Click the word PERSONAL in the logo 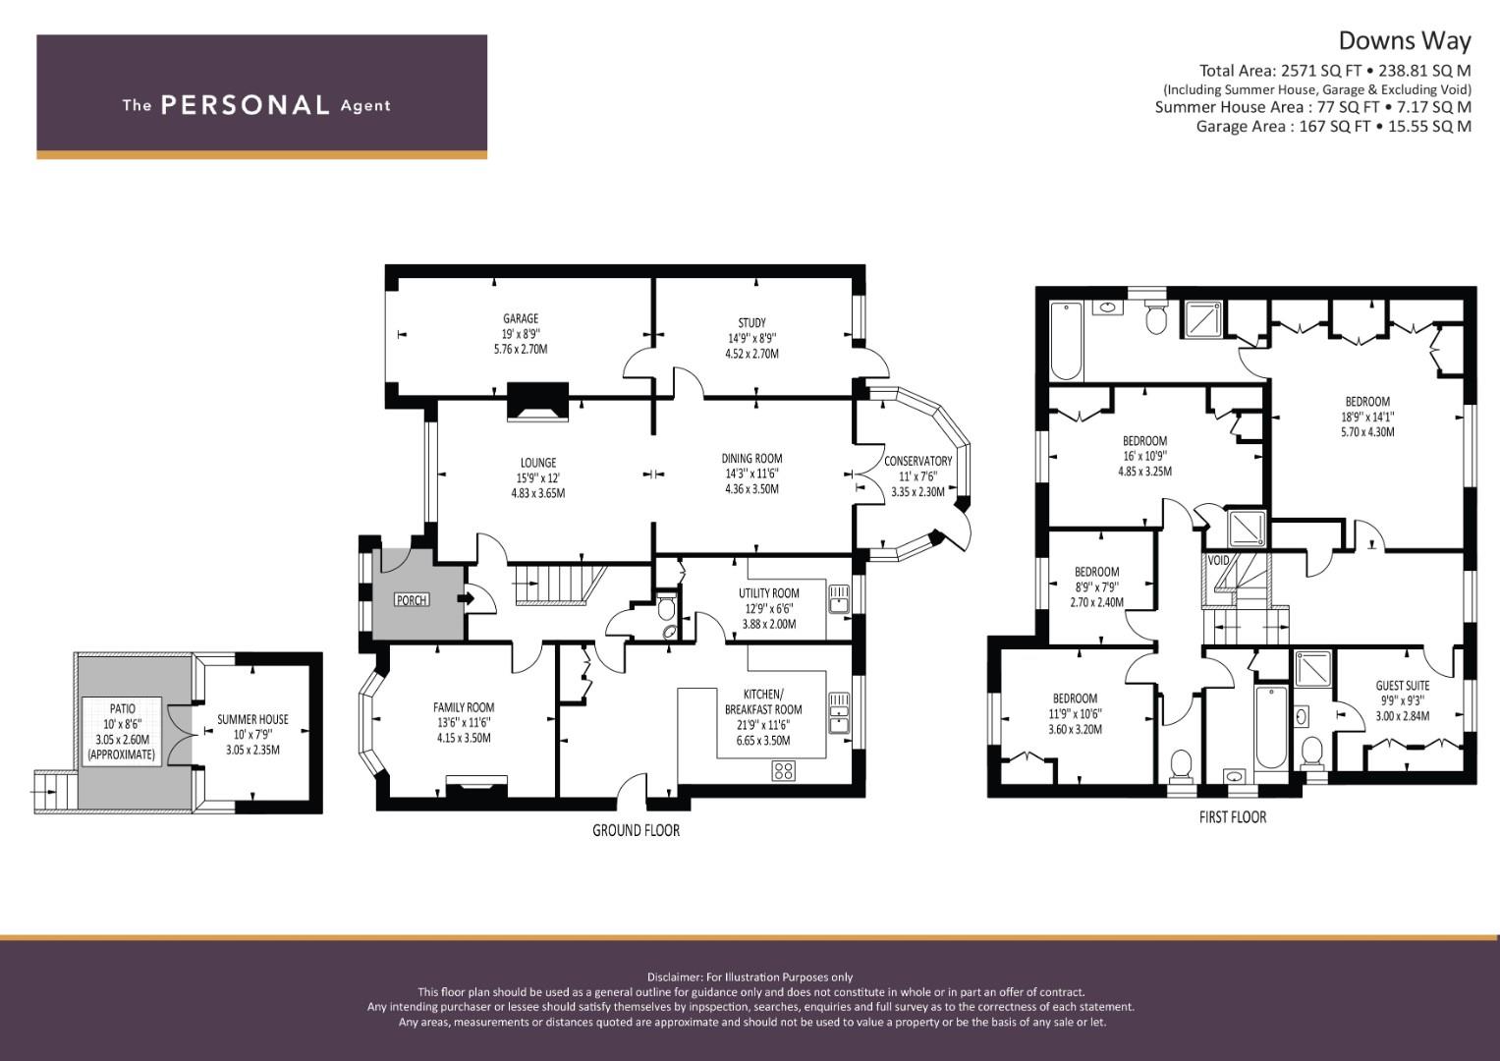pos(246,105)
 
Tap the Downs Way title pos(1405,41)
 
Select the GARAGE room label pos(521,319)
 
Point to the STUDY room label pos(751,323)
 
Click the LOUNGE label pos(537,463)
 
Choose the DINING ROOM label pos(751,459)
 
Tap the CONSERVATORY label pos(917,462)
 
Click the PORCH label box pos(412,600)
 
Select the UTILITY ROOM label pos(768,593)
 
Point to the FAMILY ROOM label pos(464,707)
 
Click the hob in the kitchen pos(784,771)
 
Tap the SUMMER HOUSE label pos(252,719)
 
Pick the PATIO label pos(122,708)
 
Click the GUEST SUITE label pos(1402,686)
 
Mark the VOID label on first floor pos(1218,560)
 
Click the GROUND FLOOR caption pos(636,830)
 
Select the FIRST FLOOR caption pos(1232,817)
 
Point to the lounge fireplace pos(537,402)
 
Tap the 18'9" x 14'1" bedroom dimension pos(1367,417)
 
